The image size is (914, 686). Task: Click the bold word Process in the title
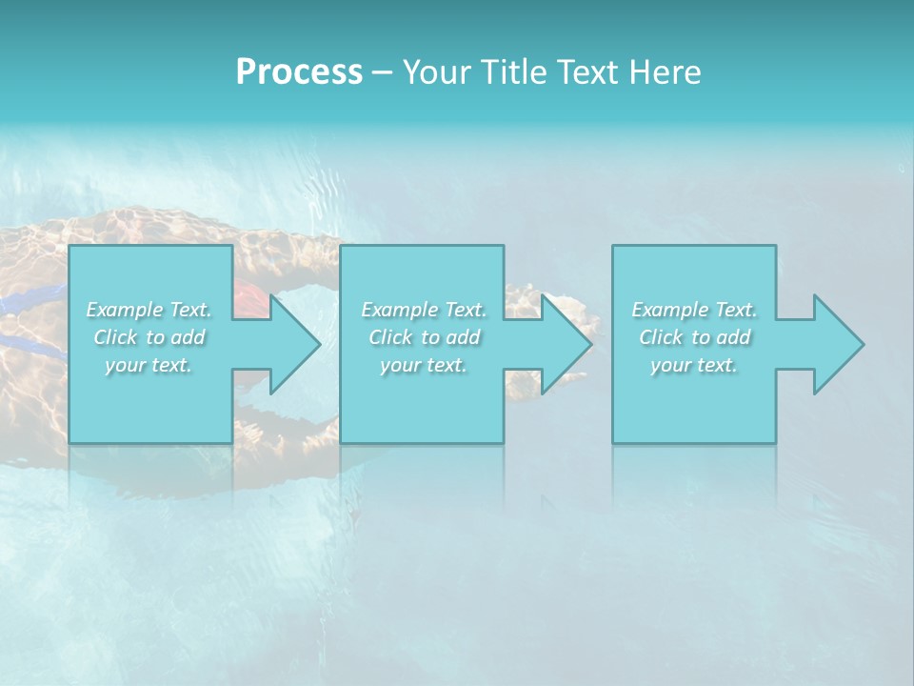(x=299, y=72)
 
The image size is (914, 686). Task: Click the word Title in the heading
(x=513, y=72)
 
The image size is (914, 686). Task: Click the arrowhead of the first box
(x=294, y=344)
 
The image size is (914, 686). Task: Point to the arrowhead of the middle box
(x=566, y=344)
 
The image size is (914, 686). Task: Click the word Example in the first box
(x=125, y=310)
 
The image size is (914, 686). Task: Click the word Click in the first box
(x=115, y=337)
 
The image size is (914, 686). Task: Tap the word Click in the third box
(x=661, y=337)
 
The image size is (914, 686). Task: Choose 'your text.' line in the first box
(x=149, y=365)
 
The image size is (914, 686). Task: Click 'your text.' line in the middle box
(x=424, y=365)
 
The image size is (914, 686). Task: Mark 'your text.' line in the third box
(x=694, y=365)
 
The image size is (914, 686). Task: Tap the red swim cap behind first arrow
(x=249, y=298)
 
